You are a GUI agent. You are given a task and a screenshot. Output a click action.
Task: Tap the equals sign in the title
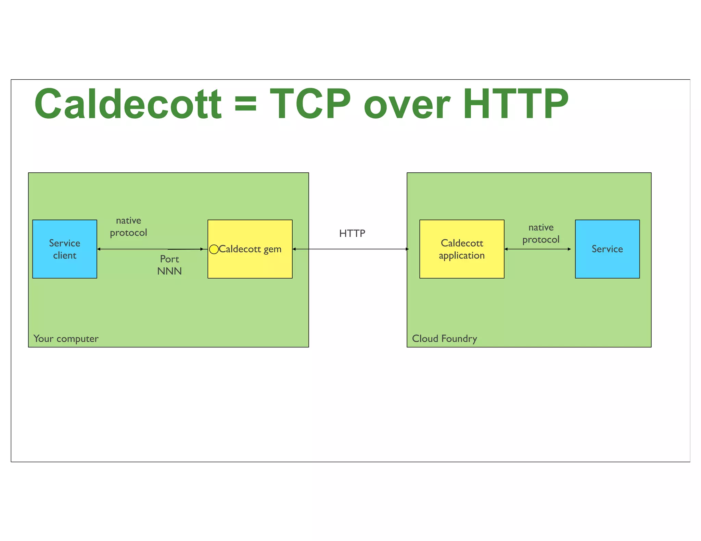[245, 104]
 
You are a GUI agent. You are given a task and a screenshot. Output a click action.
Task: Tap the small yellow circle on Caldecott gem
[214, 249]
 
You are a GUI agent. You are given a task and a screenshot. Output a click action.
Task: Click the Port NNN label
[169, 265]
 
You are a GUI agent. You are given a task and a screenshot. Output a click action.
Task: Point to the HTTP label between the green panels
[352, 233]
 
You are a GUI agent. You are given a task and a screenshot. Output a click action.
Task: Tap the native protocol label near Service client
[128, 226]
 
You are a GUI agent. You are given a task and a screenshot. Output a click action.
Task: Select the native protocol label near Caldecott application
[541, 233]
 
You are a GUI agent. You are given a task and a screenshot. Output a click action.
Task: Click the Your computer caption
[66, 339]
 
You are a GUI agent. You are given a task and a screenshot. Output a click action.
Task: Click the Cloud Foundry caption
[444, 339]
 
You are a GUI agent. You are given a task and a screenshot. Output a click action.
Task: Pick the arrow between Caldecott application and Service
[538, 249]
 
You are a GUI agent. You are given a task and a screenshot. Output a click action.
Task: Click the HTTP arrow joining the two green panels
[350, 249]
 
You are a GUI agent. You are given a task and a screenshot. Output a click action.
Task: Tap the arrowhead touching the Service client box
[99, 249]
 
